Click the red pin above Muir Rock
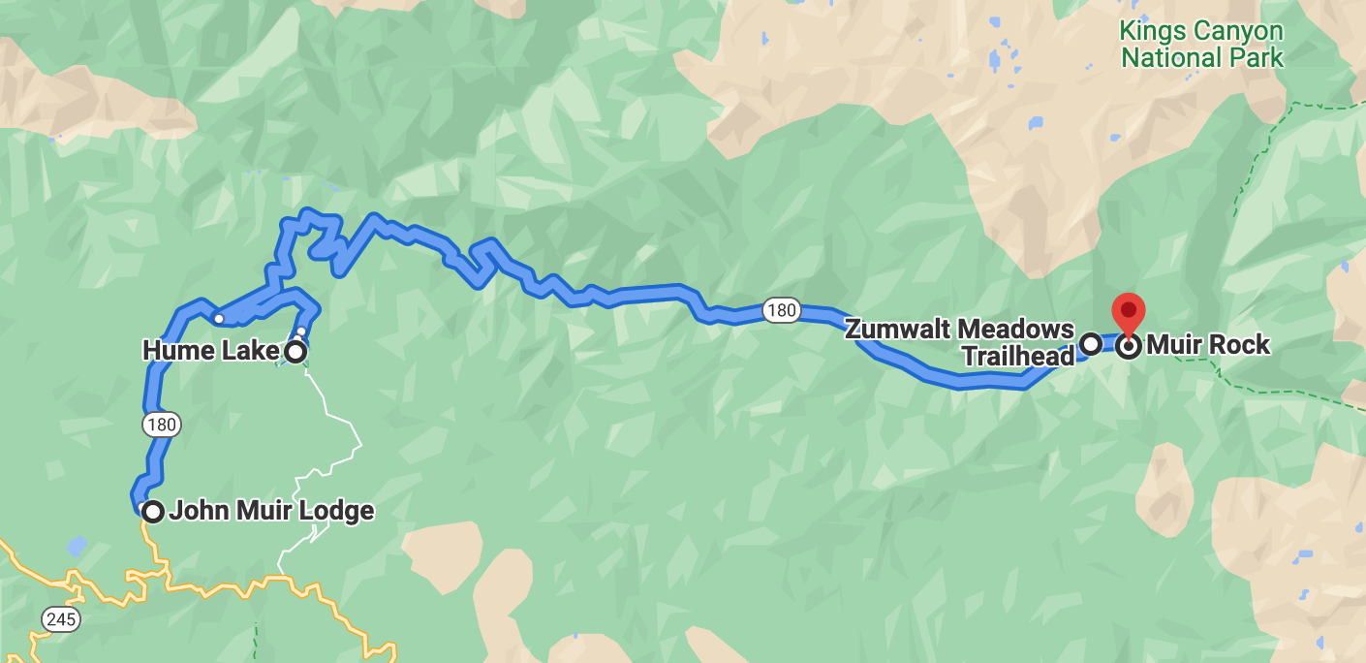pyautogui.click(x=1129, y=312)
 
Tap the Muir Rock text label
pyautogui.click(x=1207, y=345)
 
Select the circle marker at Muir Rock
pyautogui.click(x=1129, y=345)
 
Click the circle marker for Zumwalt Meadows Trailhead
pyautogui.click(x=1090, y=343)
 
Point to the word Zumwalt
pyautogui.click(x=895, y=330)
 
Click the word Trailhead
pyautogui.click(x=1018, y=357)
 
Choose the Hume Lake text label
pyautogui.click(x=210, y=350)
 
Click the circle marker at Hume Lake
pyautogui.click(x=295, y=351)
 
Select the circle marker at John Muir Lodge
pyautogui.click(x=152, y=511)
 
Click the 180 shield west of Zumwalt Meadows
pyautogui.click(x=781, y=310)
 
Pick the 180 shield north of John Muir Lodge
pyautogui.click(x=161, y=424)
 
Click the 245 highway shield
pyautogui.click(x=61, y=618)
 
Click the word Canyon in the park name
pyautogui.click(x=1236, y=32)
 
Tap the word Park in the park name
pyautogui.click(x=1257, y=57)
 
